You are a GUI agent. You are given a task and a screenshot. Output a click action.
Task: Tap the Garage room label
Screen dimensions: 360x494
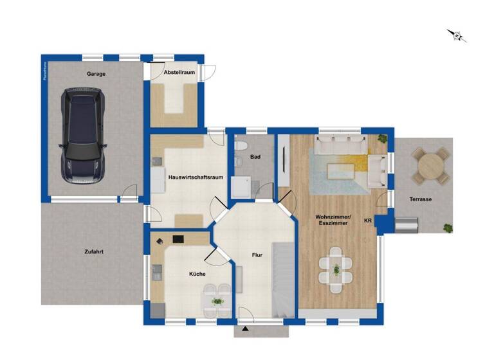coord(96,74)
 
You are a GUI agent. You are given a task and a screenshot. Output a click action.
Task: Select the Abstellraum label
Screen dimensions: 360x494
coord(179,73)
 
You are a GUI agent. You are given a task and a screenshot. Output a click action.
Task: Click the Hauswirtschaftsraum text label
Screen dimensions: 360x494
coord(196,177)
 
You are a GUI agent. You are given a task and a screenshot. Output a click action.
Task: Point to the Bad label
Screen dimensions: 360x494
coord(255,156)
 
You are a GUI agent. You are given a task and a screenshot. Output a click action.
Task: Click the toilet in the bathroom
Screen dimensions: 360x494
coord(240,147)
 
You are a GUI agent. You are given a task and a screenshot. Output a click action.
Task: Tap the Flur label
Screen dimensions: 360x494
coord(257,255)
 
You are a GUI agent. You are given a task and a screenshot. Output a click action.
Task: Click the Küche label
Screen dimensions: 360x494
coord(197,274)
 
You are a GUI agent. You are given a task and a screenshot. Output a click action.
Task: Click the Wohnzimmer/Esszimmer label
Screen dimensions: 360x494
coord(333,219)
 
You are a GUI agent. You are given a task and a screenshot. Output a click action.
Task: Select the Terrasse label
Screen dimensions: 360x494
coord(420,199)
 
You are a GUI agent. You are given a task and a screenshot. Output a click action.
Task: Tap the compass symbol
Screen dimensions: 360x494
coord(457,36)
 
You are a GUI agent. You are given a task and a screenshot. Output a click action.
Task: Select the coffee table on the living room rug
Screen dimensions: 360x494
coord(341,170)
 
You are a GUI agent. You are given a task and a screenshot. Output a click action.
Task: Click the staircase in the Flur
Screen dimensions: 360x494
coord(280,276)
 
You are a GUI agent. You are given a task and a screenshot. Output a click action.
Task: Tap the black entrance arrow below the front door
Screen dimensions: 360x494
coord(246,331)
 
